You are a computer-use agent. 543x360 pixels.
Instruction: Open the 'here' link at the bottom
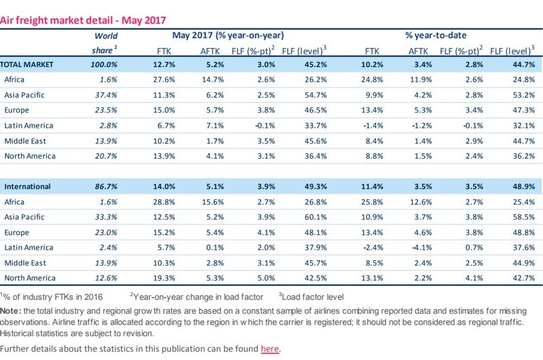(x=269, y=349)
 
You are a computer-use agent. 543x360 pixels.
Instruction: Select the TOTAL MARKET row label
(x=29, y=65)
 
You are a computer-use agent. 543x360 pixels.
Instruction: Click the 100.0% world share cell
(x=103, y=65)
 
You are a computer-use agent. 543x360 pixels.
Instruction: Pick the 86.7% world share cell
(x=105, y=186)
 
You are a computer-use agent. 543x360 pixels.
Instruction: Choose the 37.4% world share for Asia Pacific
(x=105, y=95)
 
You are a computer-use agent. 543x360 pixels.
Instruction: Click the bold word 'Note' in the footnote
(x=12, y=309)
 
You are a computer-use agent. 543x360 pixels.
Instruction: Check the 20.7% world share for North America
(x=105, y=156)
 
